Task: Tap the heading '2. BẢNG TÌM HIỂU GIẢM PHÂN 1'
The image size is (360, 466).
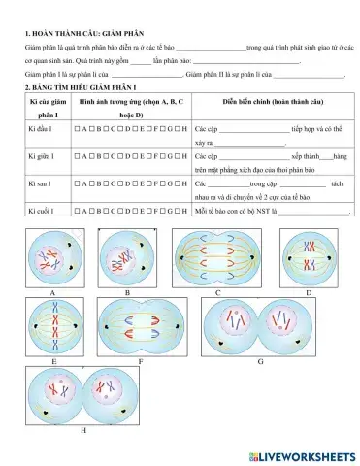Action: pyautogui.click(x=81, y=87)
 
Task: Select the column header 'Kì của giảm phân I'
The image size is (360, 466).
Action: pyautogui.click(x=47, y=107)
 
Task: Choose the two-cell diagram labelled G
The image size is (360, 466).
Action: pyautogui.click(x=260, y=326)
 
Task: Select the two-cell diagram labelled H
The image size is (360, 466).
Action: pyautogui.click(x=82, y=394)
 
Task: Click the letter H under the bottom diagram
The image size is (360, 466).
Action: pyautogui.click(x=82, y=428)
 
